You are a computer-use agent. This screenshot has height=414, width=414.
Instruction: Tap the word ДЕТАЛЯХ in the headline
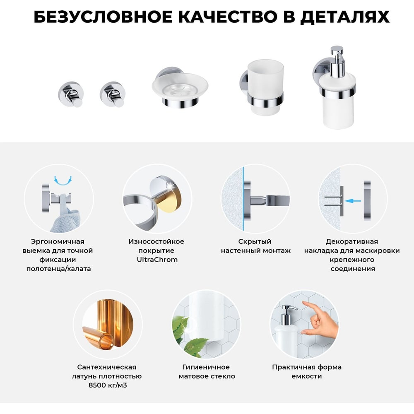point(345,17)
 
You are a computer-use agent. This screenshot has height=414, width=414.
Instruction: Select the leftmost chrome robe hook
point(71,94)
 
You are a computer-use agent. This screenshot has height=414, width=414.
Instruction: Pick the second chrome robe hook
point(113,94)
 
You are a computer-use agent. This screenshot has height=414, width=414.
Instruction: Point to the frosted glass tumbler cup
point(266,87)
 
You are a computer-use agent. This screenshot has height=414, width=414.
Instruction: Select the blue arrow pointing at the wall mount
point(352,201)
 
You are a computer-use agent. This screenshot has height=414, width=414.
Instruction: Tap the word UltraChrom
point(157,260)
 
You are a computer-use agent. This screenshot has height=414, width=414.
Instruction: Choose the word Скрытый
point(255,241)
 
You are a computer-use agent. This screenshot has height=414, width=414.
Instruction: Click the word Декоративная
point(351,241)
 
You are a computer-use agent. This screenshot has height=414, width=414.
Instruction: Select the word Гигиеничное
point(206,367)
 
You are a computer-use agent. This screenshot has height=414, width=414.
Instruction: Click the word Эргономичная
point(58,241)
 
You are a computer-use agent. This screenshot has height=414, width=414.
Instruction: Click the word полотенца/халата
point(59,269)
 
